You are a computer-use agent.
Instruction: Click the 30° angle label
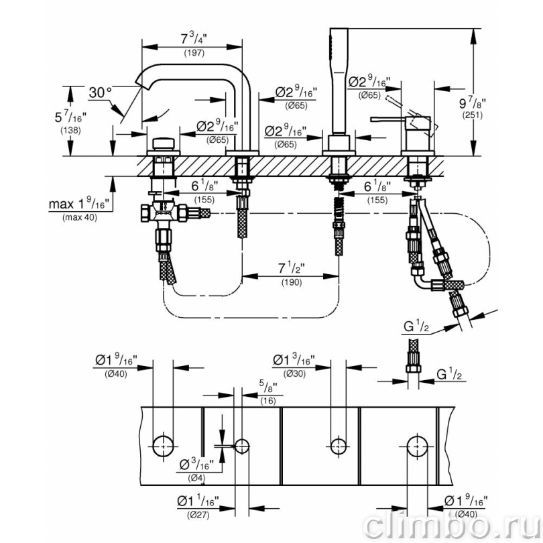coord(101,93)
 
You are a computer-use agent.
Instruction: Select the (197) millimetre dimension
coord(194,53)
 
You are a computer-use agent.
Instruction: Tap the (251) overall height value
coord(473,115)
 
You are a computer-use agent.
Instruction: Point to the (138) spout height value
coord(70,130)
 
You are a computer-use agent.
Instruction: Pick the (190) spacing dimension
coord(292,282)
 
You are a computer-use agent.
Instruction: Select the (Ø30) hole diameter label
coord(294,373)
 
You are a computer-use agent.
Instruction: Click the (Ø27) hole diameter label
coord(198,515)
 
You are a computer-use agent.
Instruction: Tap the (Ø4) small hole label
coord(196,478)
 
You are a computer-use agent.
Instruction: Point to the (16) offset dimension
coord(268,401)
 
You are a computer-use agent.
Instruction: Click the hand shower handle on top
coord(339,81)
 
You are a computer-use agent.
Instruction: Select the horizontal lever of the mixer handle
coord(389,119)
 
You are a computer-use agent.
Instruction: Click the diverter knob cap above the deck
coord(164,143)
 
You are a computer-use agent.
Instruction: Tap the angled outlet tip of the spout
coord(139,83)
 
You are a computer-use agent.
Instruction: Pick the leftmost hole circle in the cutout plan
coord(163,446)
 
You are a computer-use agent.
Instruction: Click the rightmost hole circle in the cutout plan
coord(417,446)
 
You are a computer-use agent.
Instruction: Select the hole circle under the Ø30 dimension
coord(338,446)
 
